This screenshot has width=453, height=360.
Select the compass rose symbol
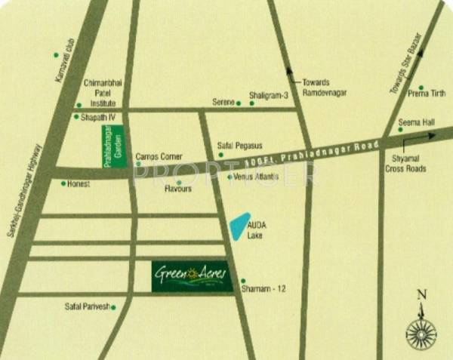tap(422, 327)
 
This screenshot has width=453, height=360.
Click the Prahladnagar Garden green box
tap(108, 146)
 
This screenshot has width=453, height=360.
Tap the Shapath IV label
tap(97, 117)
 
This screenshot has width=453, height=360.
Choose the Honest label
tap(79, 183)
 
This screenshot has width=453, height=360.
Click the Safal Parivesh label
tap(88, 306)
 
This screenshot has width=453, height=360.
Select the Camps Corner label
tap(153, 158)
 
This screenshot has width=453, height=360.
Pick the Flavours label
tap(178, 189)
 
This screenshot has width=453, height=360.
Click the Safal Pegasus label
tap(239, 145)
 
